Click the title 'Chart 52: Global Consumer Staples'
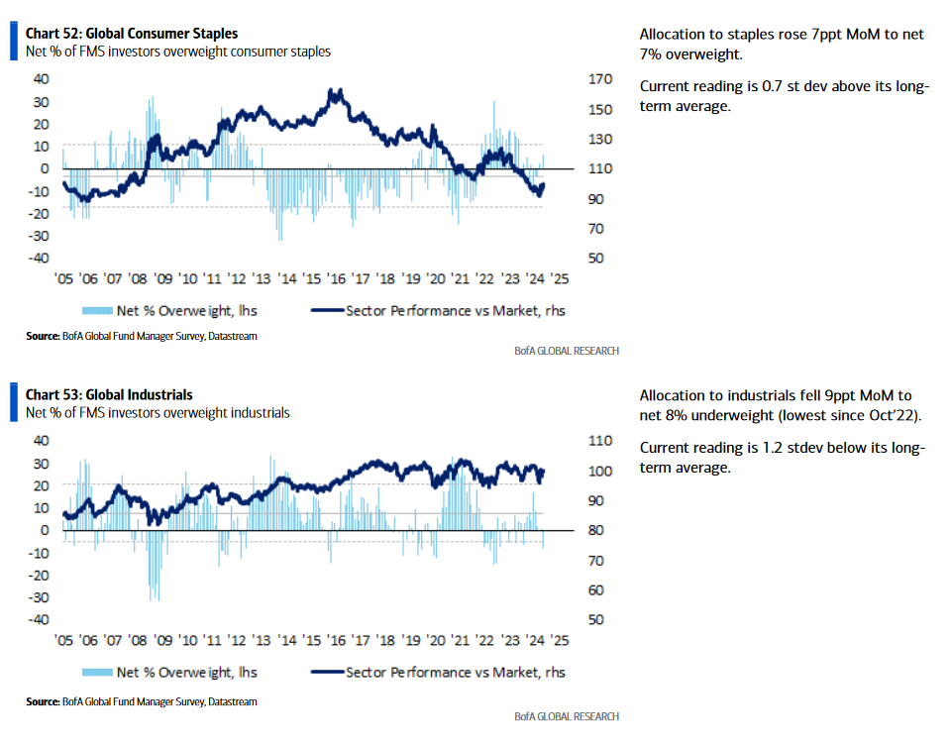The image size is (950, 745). coord(132,34)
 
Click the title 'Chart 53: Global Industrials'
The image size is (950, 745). coord(109,395)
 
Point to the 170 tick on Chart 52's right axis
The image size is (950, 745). coord(599,78)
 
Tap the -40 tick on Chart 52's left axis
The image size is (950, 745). coord(39,258)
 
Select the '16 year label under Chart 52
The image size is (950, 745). coord(336,278)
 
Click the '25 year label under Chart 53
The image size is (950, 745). coord(560,640)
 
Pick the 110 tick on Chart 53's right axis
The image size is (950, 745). coord(599,441)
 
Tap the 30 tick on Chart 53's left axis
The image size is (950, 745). coord(42,464)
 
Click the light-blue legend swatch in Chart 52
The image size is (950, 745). coord(97,311)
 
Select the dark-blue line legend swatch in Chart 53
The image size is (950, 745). coord(327,672)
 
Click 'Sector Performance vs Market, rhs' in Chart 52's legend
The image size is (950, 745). coord(456,311)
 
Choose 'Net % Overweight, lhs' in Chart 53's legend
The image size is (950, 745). coord(186,673)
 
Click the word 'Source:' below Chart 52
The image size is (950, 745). coord(43,336)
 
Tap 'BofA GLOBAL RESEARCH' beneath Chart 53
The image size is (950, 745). coord(567,716)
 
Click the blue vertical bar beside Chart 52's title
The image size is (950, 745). coord(14,42)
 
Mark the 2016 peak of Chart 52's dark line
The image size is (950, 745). coord(331,90)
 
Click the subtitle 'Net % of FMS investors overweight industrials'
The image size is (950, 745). coord(158,413)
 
